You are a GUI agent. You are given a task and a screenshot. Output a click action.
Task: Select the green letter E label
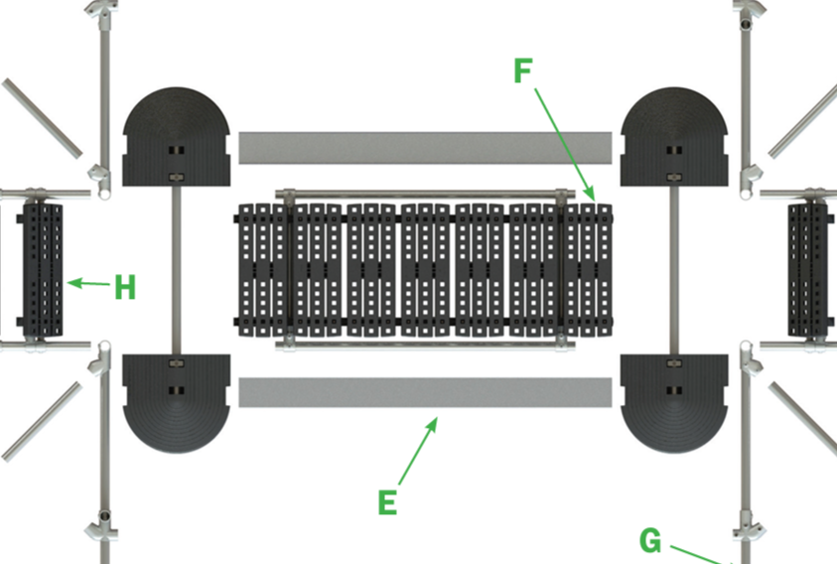coord(388,502)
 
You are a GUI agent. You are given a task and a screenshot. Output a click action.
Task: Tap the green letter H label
coord(125,288)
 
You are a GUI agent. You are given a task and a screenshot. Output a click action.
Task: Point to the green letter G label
coord(650,541)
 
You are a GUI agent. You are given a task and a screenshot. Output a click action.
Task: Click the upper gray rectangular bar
coord(424,148)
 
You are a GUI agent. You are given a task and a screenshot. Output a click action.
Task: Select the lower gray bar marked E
coord(424,392)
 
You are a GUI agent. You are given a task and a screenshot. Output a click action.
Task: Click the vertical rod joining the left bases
coord(178,268)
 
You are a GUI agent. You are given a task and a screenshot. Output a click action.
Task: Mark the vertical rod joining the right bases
coord(675,268)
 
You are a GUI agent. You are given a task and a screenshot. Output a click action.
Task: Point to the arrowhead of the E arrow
coord(434,421)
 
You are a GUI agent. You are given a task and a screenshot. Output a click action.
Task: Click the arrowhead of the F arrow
coord(593,198)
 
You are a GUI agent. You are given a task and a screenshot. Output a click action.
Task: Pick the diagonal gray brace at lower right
coord(803,417)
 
